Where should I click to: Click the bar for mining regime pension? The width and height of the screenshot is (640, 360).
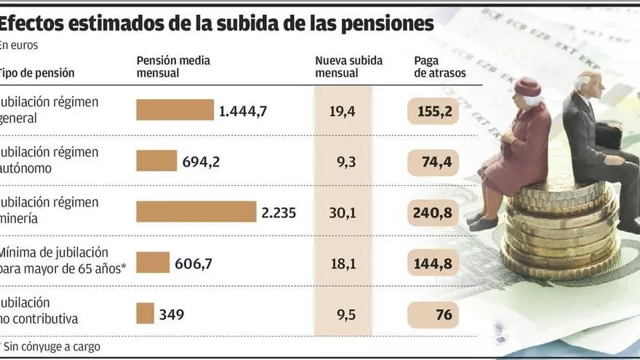click(196, 212)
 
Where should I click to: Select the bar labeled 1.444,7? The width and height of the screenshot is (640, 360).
click(175, 110)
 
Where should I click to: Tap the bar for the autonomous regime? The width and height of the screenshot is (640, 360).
click(156, 161)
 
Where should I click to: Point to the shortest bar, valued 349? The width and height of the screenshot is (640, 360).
click(145, 313)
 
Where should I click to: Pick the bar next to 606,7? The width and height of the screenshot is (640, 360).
click(153, 263)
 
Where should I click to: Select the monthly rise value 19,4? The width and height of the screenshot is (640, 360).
click(342, 111)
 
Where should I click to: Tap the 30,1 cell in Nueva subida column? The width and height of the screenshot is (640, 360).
click(342, 212)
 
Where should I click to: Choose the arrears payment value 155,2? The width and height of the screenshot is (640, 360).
click(435, 111)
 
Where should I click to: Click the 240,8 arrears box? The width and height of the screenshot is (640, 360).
click(435, 212)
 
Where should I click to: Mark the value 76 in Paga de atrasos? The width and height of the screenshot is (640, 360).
click(444, 314)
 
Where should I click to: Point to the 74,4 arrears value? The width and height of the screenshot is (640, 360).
click(436, 161)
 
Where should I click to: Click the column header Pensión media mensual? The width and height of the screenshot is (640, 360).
click(173, 66)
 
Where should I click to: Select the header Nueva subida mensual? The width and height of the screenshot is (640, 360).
click(348, 66)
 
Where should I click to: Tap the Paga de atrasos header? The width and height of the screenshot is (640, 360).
click(439, 66)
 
